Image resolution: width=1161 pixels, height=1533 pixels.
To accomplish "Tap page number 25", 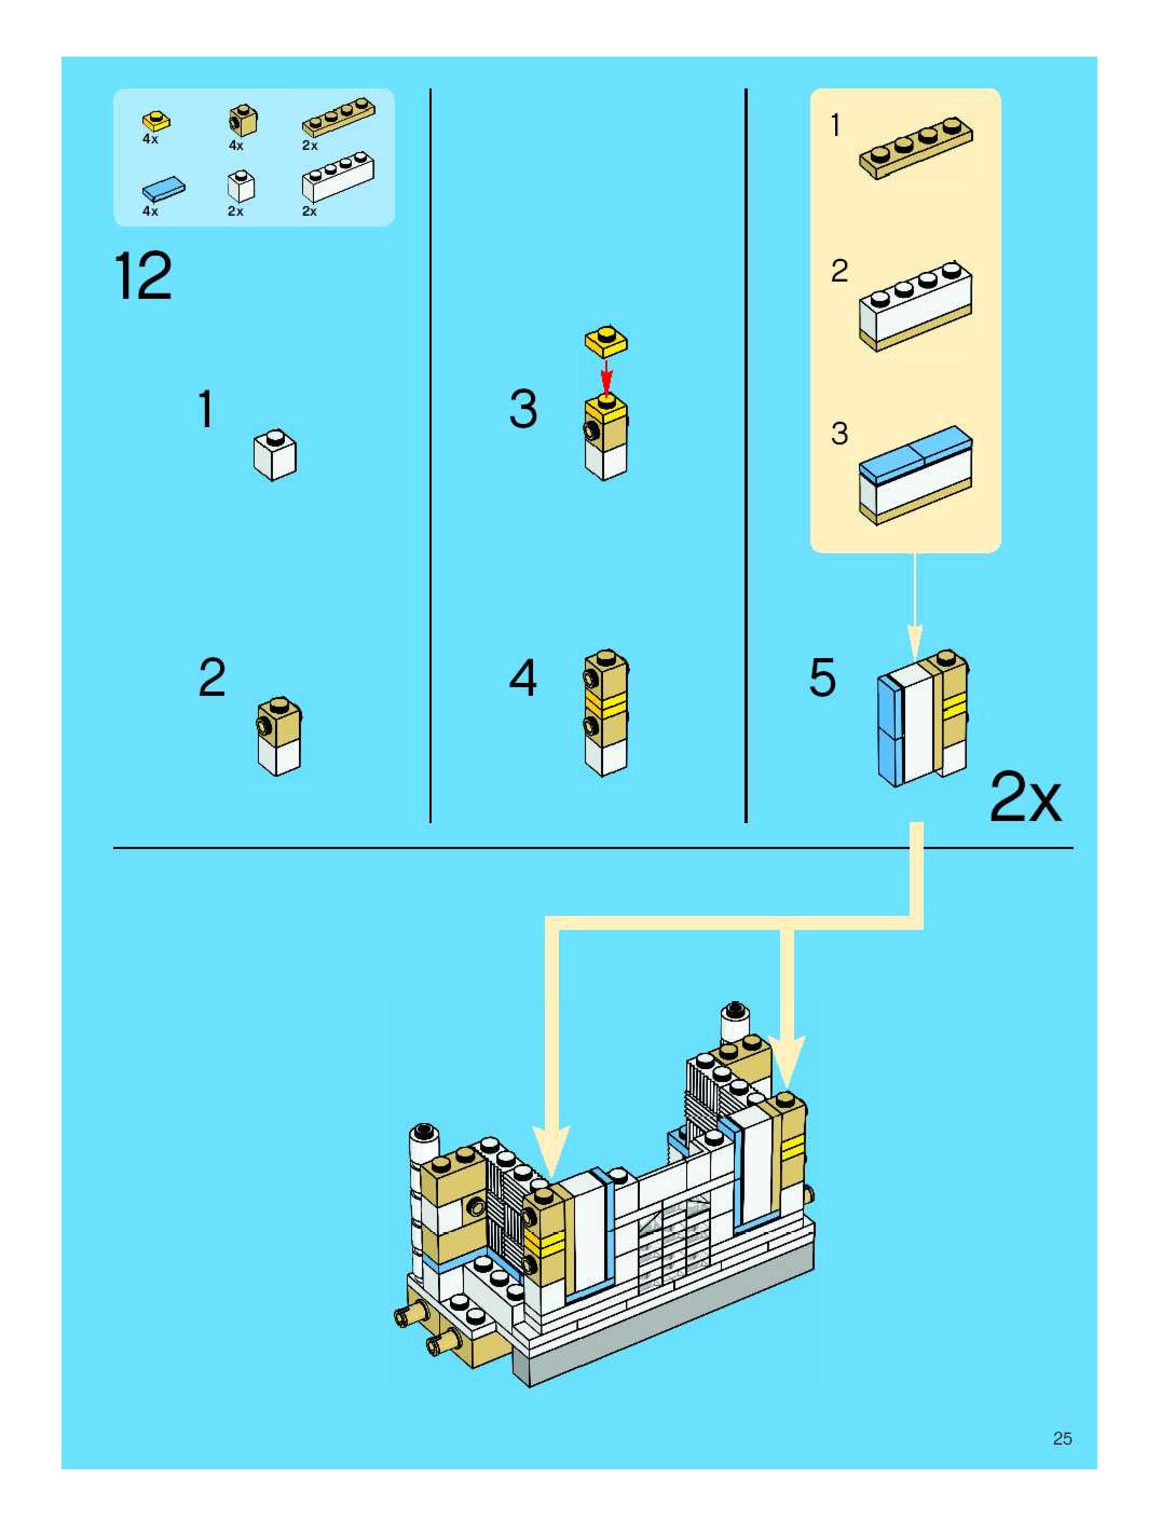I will [1062, 1439].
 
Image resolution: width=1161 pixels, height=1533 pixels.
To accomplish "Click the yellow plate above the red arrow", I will [606, 340].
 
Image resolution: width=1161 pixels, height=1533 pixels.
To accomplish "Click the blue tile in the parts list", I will [163, 188].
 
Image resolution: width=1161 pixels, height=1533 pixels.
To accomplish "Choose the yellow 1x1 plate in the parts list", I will [158, 121].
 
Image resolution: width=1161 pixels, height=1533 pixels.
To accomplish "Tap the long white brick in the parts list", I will [338, 178].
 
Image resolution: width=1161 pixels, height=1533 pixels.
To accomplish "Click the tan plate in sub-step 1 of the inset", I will [916, 148].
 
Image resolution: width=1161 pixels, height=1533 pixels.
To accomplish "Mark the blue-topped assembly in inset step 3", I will [916, 475].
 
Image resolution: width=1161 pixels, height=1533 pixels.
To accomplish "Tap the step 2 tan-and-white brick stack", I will [279, 736].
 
